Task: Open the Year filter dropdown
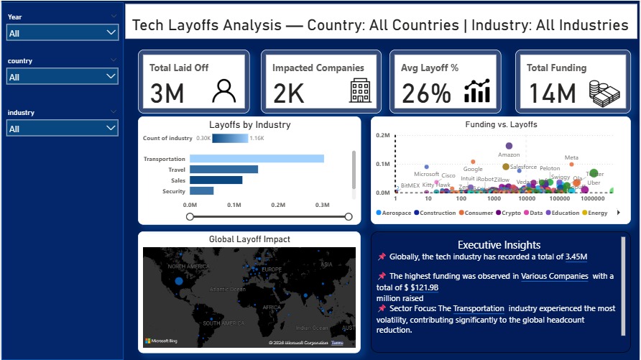(x=110, y=33)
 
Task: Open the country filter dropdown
(x=110, y=77)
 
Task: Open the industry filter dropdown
(x=110, y=129)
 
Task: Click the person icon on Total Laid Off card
(x=224, y=91)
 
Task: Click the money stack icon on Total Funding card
(x=604, y=91)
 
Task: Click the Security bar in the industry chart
(x=201, y=191)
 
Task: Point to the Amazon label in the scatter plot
(x=509, y=155)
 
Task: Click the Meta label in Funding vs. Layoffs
(x=571, y=157)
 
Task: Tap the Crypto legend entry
(x=511, y=213)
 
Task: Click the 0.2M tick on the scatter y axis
(x=382, y=135)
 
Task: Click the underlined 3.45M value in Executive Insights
(x=576, y=257)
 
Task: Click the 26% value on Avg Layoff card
(x=425, y=93)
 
